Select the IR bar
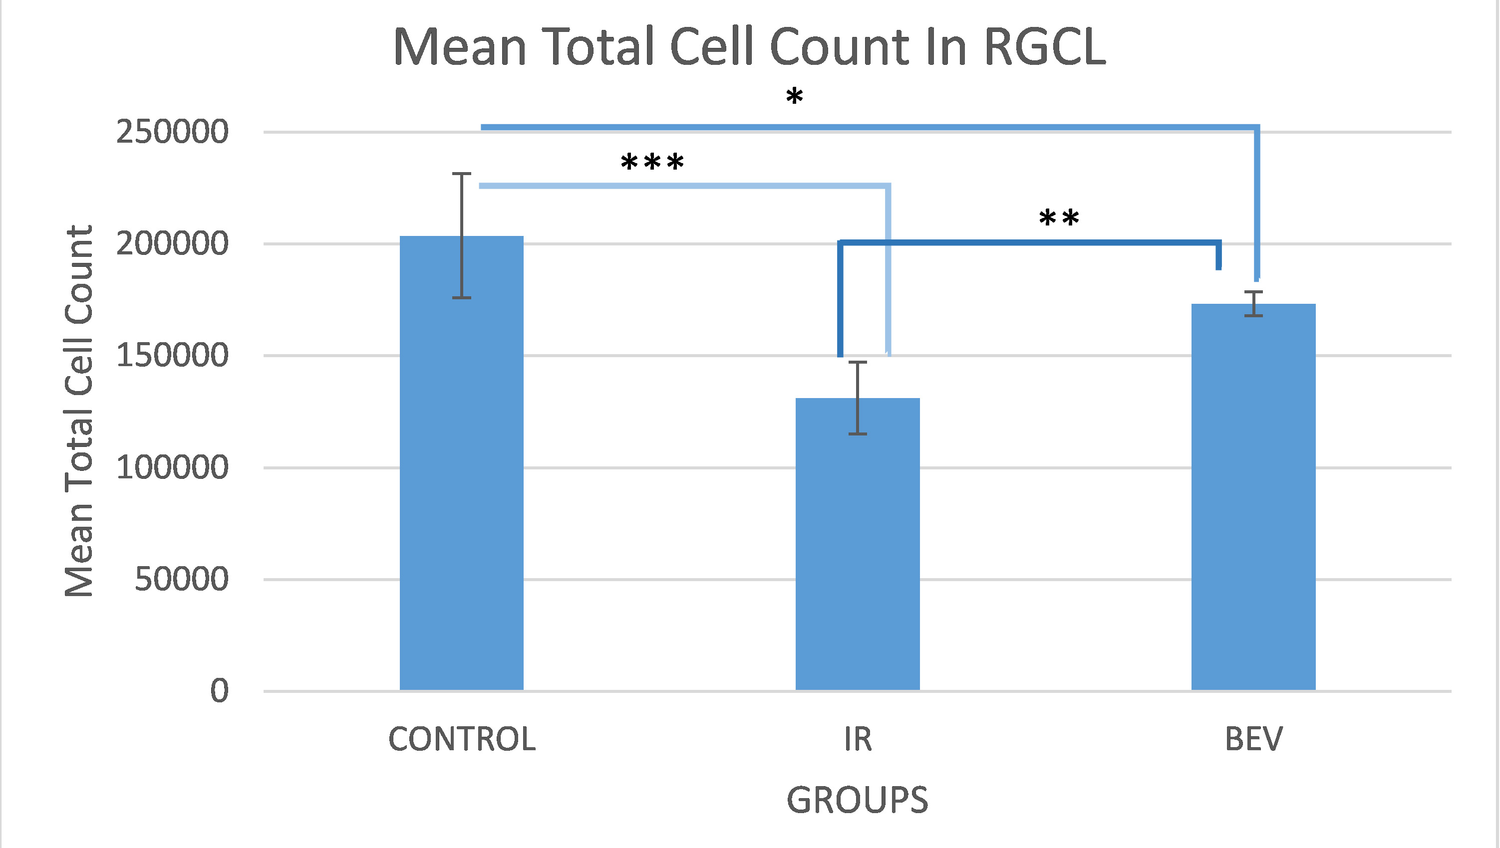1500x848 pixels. point(857,553)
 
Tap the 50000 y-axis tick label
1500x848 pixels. point(181,579)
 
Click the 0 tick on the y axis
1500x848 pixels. point(219,691)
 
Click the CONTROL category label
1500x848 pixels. point(462,740)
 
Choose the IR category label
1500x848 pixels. point(858,740)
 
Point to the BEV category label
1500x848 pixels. point(1253,740)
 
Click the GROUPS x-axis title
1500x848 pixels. point(857,800)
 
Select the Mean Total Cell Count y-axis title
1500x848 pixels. point(79,411)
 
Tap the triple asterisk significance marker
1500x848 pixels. point(652,163)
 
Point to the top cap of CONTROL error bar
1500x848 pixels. point(462,174)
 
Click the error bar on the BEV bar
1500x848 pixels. point(1253,303)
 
